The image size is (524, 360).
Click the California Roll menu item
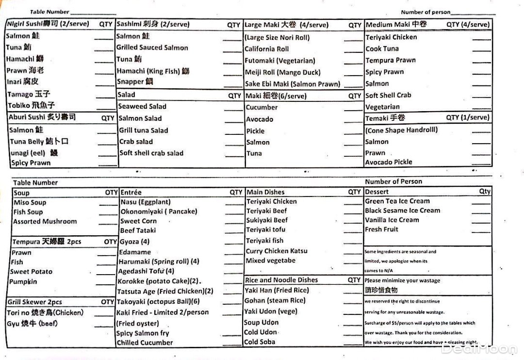point(266,49)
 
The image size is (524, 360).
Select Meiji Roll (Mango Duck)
point(282,72)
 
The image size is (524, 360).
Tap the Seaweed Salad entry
point(142,107)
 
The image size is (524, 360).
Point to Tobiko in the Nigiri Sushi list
point(31,105)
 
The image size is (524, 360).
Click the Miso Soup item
point(30,202)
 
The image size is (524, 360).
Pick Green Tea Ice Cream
point(397,201)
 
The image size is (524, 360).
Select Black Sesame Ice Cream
point(403,211)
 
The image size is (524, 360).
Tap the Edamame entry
point(135,252)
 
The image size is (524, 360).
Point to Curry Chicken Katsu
point(277,251)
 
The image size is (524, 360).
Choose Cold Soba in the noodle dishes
point(260,342)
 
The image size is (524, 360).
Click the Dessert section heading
point(377,192)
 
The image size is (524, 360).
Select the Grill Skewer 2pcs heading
point(34,302)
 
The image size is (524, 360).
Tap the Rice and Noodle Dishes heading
point(281,280)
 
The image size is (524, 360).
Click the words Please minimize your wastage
point(402,280)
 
